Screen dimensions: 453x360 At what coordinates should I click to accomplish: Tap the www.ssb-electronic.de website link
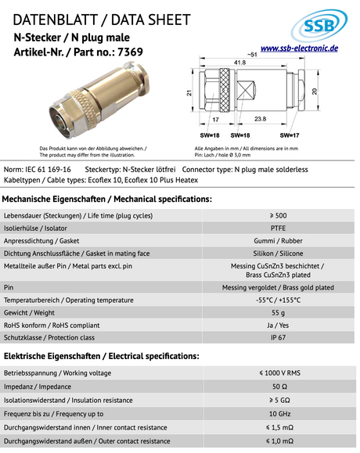tap(299, 49)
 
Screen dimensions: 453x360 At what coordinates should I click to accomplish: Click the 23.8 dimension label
tap(261, 119)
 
